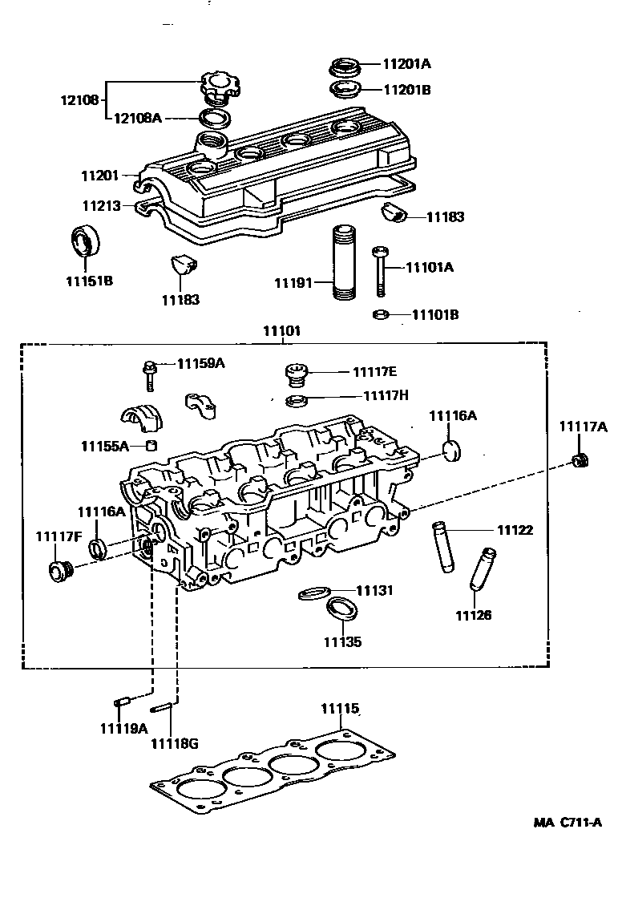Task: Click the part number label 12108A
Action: (138, 119)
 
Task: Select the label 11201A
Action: (406, 64)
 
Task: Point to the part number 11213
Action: (100, 206)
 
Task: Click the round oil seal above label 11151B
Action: (84, 241)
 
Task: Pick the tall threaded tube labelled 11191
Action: (344, 262)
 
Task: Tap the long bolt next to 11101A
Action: (381, 273)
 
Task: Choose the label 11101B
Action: (435, 314)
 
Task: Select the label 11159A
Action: (200, 363)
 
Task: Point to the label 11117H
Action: (386, 395)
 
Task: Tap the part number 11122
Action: (515, 530)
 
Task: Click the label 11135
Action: (342, 641)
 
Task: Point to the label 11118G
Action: (174, 743)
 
